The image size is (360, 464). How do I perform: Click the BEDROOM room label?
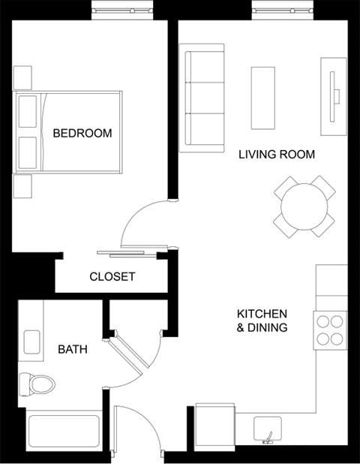(82, 134)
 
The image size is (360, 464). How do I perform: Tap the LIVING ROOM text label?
(276, 155)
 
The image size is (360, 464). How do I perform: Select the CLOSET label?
(112, 276)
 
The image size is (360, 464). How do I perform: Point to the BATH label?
(73, 349)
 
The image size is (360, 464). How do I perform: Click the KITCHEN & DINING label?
(262, 321)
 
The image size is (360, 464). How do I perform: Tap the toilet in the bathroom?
(37, 384)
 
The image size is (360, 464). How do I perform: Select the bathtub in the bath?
(63, 432)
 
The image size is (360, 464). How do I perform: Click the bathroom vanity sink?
(33, 342)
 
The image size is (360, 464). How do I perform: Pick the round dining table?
(304, 206)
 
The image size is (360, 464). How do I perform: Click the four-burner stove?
(330, 329)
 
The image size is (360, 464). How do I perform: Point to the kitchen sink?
(267, 430)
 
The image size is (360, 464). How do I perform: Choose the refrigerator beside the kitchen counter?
(216, 428)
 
